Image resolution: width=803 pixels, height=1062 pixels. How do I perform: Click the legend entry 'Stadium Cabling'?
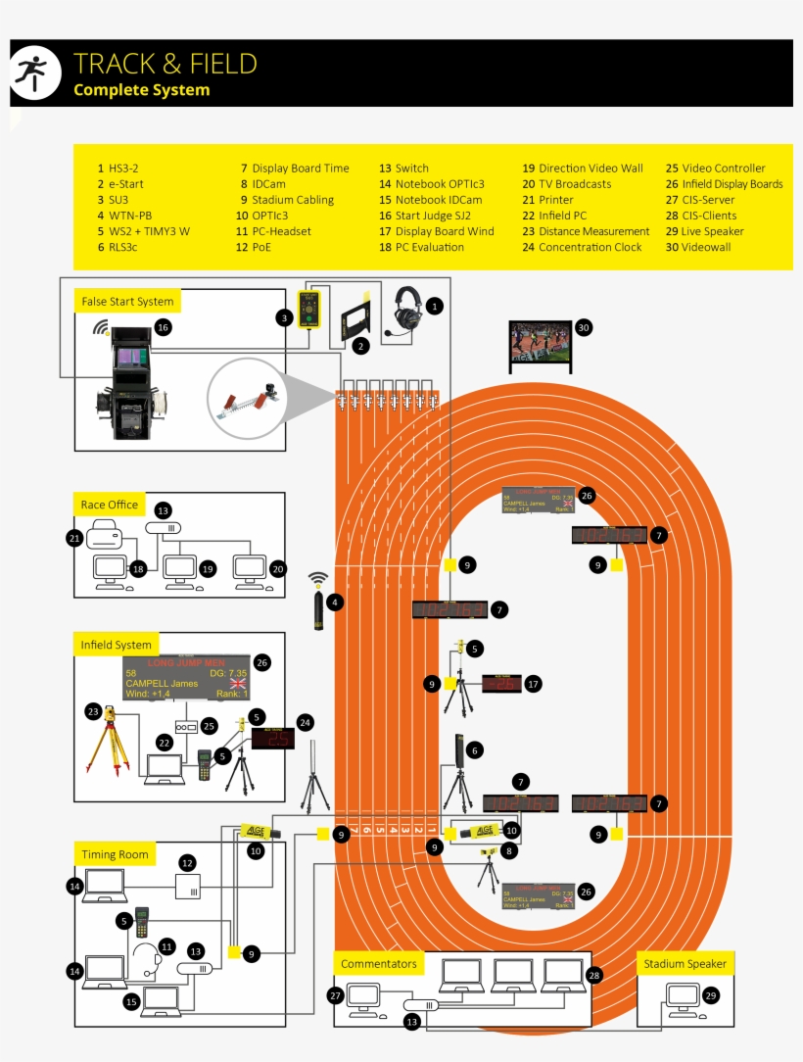[x=293, y=200]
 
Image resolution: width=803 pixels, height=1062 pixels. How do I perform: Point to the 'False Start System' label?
[x=127, y=302]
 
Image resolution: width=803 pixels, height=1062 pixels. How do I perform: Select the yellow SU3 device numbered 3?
[x=311, y=312]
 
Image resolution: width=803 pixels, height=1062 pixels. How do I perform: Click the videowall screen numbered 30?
[x=540, y=345]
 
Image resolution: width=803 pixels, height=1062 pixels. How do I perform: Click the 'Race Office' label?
[x=110, y=505]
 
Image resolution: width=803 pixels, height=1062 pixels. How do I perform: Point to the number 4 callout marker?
[x=336, y=603]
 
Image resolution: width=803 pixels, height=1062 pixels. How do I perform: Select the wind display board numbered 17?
[x=501, y=684]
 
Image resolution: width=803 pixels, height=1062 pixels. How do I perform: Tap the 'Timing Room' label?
[x=116, y=854]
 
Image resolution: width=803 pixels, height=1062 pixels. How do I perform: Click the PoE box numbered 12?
[x=188, y=886]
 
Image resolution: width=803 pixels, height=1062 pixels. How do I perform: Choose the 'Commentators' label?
[x=379, y=964]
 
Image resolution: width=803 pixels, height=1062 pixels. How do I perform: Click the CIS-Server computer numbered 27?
[x=363, y=997]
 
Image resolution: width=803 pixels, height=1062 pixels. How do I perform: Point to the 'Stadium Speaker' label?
[x=685, y=964]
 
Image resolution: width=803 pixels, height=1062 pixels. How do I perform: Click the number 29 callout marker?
[x=711, y=995]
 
